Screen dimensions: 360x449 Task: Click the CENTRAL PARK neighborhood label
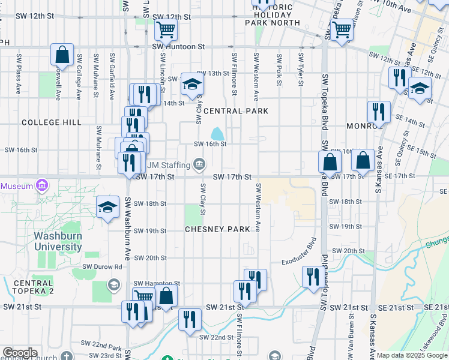click(x=231, y=111)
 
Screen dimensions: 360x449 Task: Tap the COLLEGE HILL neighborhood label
click(x=51, y=122)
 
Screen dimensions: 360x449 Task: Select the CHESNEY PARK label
click(x=217, y=229)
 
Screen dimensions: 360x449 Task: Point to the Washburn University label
click(x=58, y=241)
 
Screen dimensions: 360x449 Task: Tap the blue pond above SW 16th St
click(x=217, y=133)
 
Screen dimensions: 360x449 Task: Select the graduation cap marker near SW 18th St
click(x=107, y=208)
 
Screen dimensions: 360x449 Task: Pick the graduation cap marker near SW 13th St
click(x=191, y=84)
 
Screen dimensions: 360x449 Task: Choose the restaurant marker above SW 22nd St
click(x=190, y=319)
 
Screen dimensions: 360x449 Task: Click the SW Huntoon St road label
click(x=178, y=46)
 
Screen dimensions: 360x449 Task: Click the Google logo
click(x=19, y=353)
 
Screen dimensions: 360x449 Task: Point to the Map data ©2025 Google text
click(x=412, y=355)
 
